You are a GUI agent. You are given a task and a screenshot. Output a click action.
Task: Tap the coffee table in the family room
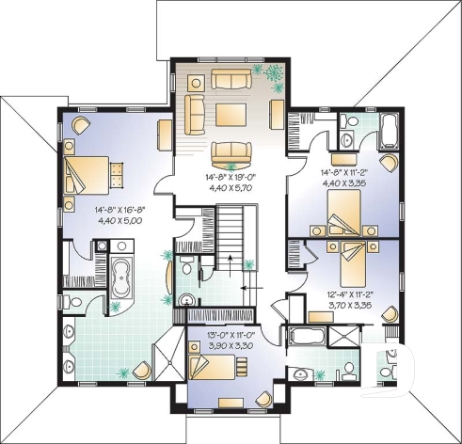(x=230, y=115)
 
